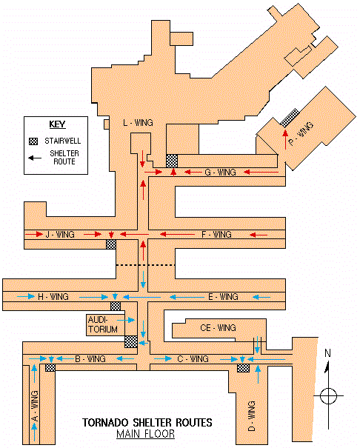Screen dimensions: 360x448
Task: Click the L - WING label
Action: click(138, 123)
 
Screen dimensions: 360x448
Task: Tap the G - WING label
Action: click(220, 173)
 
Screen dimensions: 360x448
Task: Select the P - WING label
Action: click(301, 133)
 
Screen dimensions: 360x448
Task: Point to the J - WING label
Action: click(60, 235)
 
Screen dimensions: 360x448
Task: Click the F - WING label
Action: click(216, 235)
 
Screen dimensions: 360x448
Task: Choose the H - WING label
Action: click(53, 297)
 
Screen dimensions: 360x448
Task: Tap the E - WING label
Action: click(223, 297)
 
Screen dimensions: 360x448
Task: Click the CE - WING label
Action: click(218, 328)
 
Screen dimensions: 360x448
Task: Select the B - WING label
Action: click(90, 359)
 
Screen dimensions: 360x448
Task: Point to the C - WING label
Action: click(193, 359)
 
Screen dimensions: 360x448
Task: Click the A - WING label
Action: click(35, 406)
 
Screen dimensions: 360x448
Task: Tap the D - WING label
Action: click(251, 415)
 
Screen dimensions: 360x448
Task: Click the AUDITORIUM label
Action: click(102, 324)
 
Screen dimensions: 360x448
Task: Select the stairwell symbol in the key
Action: click(33, 141)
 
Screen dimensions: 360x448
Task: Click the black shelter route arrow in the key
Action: click(35, 158)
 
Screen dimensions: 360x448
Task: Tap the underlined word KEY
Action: click(58, 124)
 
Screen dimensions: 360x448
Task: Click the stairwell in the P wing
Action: click(290, 118)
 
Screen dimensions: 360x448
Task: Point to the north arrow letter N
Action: click(327, 353)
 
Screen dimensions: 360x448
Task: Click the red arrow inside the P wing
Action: click(285, 139)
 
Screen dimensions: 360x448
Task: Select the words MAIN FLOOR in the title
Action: click(145, 434)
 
